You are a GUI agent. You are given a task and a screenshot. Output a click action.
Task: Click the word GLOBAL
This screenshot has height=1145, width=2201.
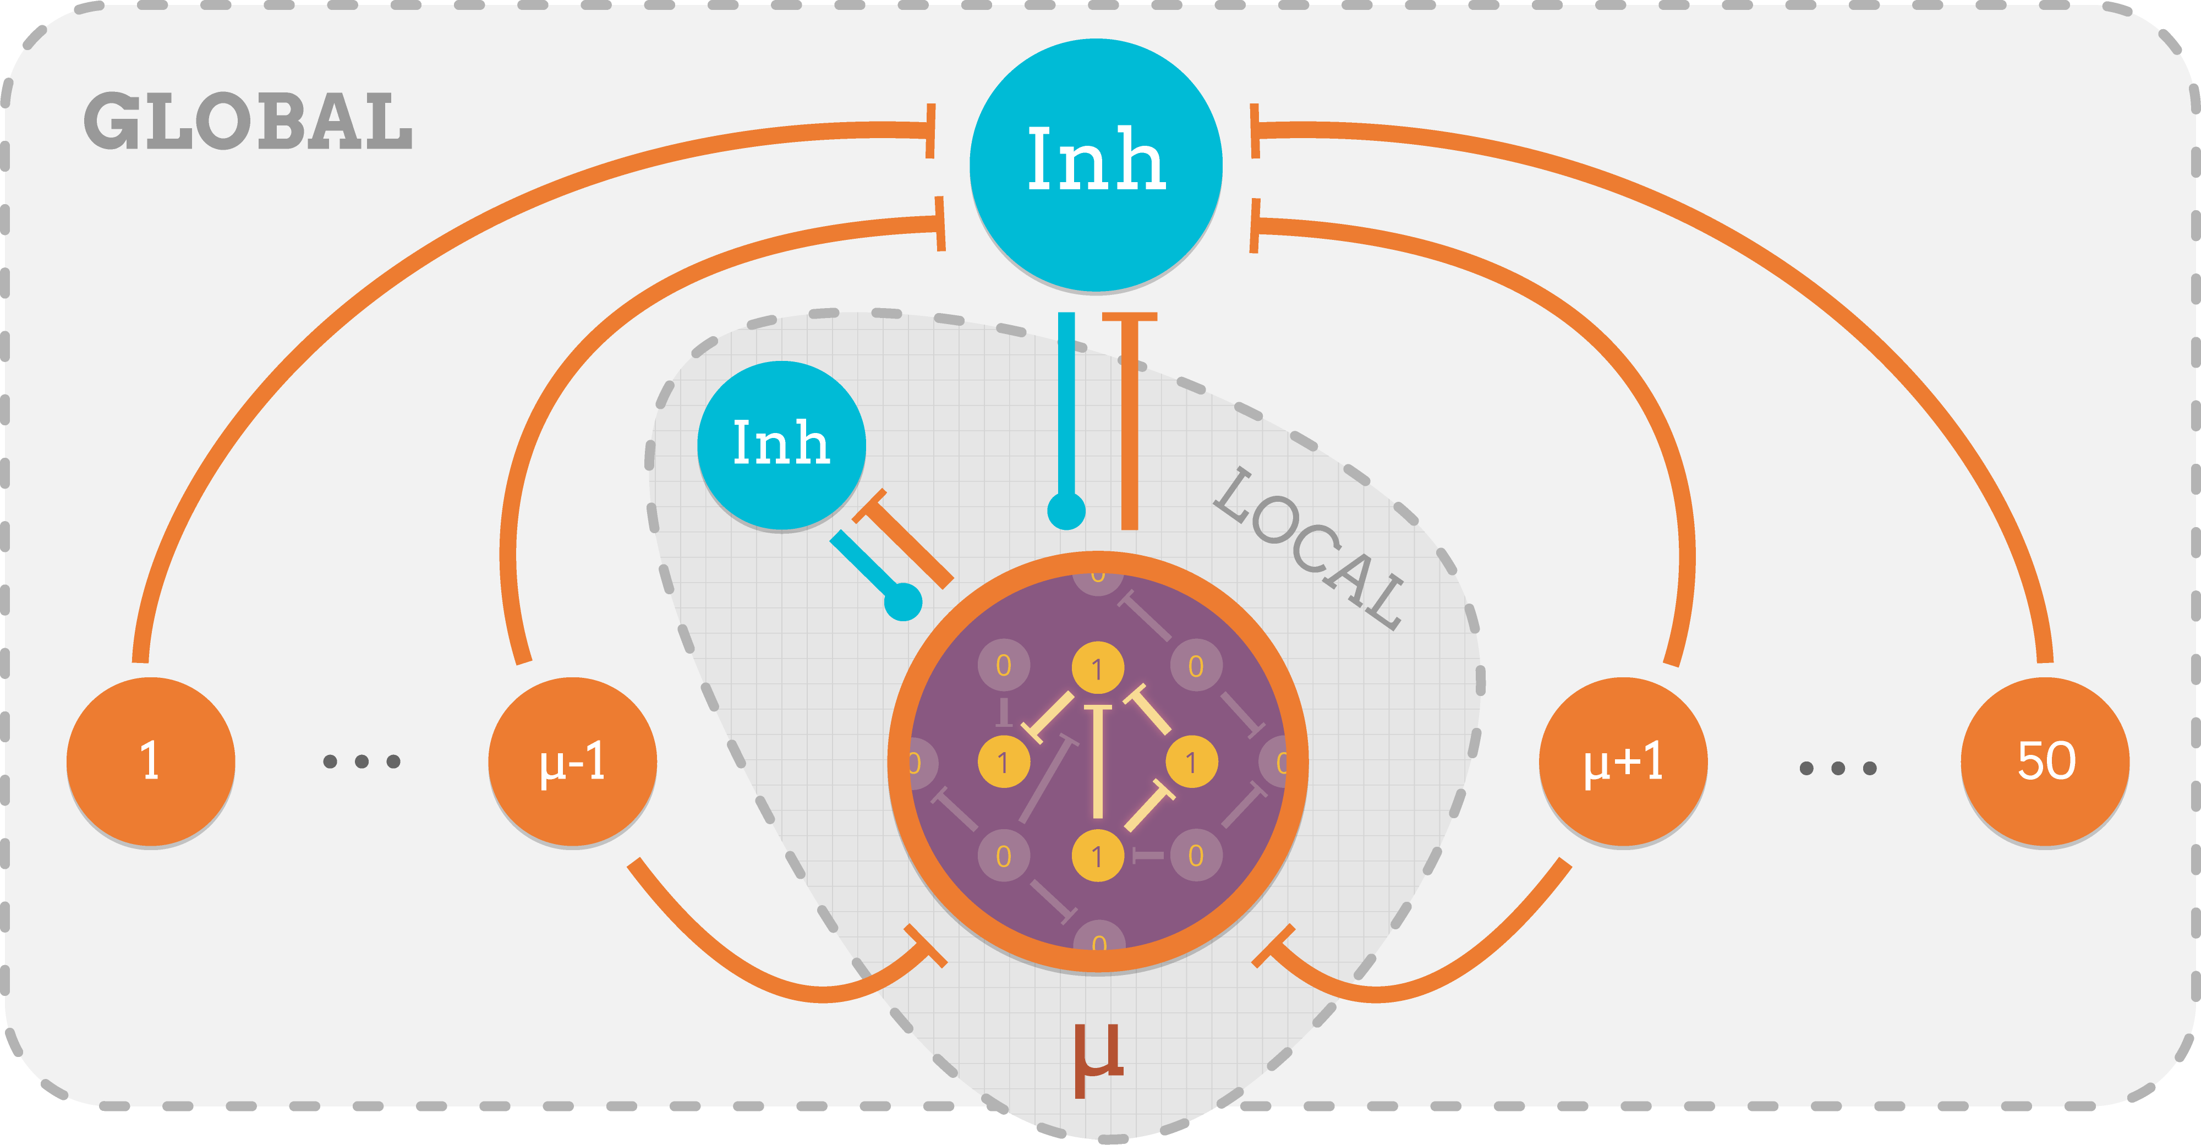[248, 122]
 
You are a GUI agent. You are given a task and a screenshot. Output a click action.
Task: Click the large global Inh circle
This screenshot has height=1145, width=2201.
[1096, 164]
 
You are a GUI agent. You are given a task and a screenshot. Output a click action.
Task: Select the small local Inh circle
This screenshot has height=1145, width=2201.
[781, 445]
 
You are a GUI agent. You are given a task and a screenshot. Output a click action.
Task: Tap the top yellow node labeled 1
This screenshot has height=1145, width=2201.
[1098, 668]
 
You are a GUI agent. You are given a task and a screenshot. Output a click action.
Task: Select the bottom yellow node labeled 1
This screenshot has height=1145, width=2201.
[1098, 856]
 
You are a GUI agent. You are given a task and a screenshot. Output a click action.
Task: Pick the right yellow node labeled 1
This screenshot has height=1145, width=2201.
[1192, 761]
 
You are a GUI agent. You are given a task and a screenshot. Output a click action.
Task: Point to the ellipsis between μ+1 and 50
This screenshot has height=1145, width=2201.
[1838, 768]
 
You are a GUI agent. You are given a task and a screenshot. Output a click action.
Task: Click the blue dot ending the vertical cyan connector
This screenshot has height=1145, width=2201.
[1066, 511]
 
